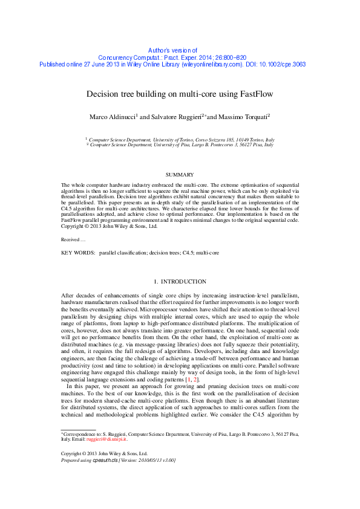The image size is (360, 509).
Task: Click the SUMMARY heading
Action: click(180, 174)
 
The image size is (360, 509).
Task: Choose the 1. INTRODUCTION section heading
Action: click(180, 282)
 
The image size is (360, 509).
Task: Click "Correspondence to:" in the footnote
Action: click(84, 433)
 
